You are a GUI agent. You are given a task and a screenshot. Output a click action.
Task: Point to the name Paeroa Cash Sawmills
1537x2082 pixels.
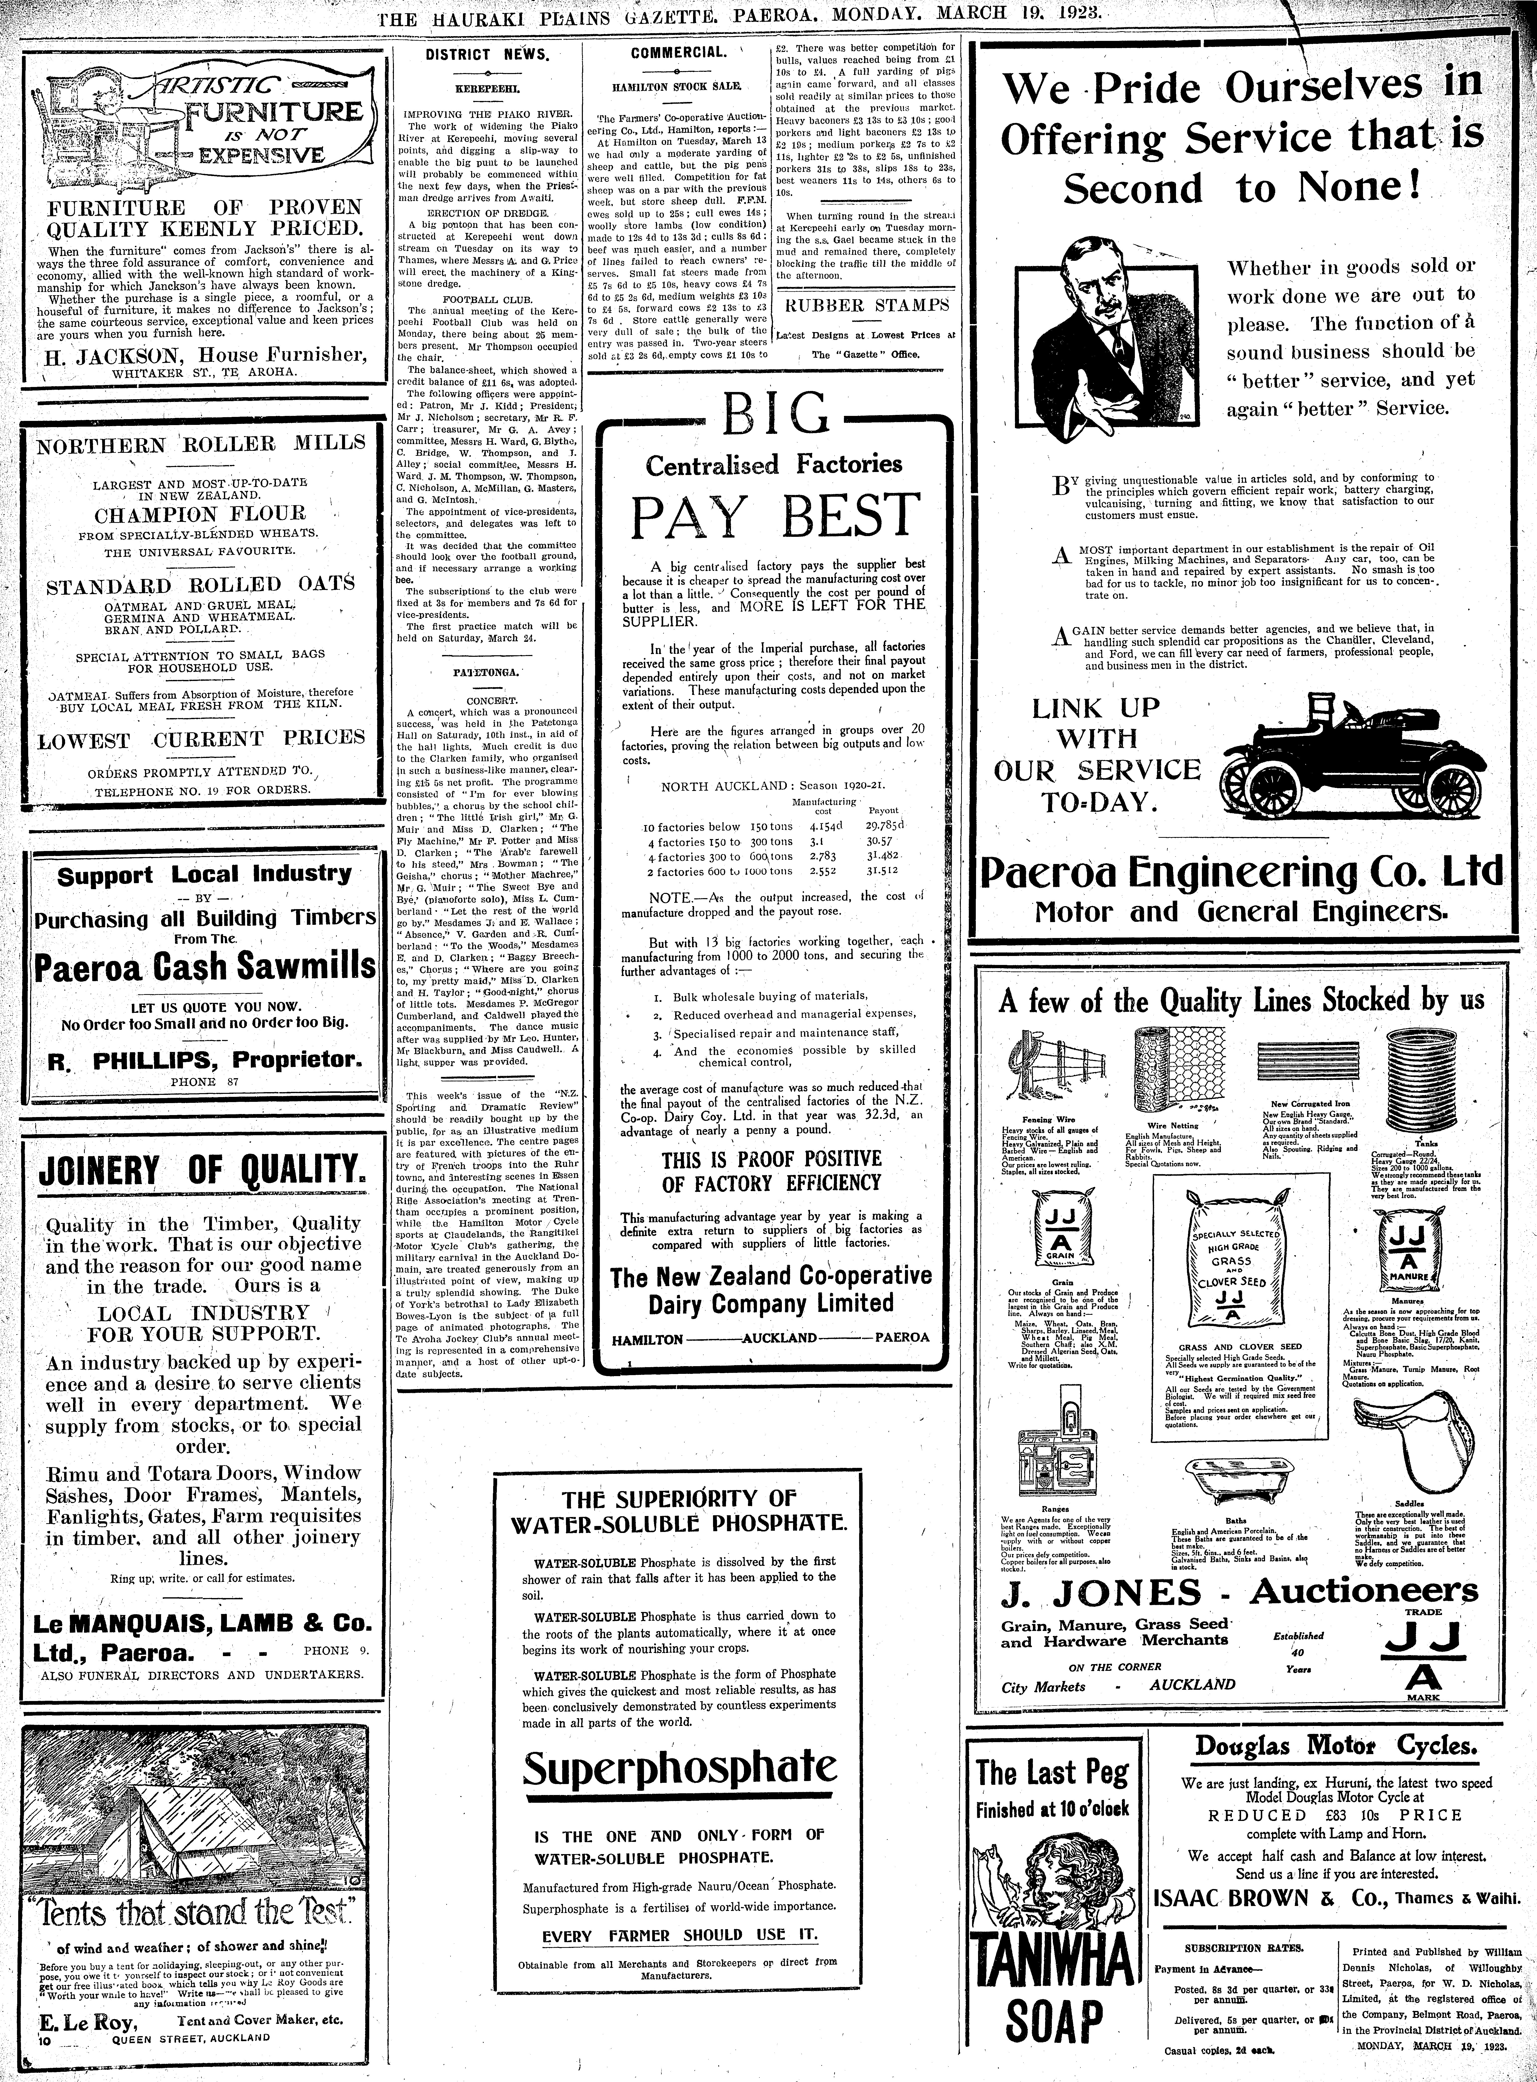[x=205, y=968]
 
